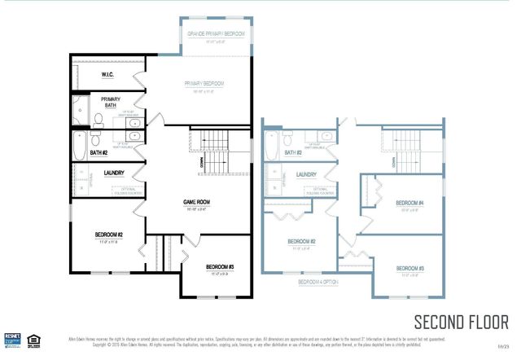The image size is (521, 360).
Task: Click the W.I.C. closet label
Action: (x=107, y=75)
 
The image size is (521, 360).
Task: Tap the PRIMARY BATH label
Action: (x=111, y=102)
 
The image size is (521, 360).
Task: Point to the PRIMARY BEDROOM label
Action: (x=203, y=84)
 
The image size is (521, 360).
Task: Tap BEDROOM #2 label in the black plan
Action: (x=107, y=235)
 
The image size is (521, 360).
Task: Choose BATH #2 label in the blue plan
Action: (x=294, y=152)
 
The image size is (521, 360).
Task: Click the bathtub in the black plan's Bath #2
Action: (x=79, y=148)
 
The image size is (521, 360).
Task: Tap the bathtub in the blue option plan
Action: (x=272, y=147)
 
